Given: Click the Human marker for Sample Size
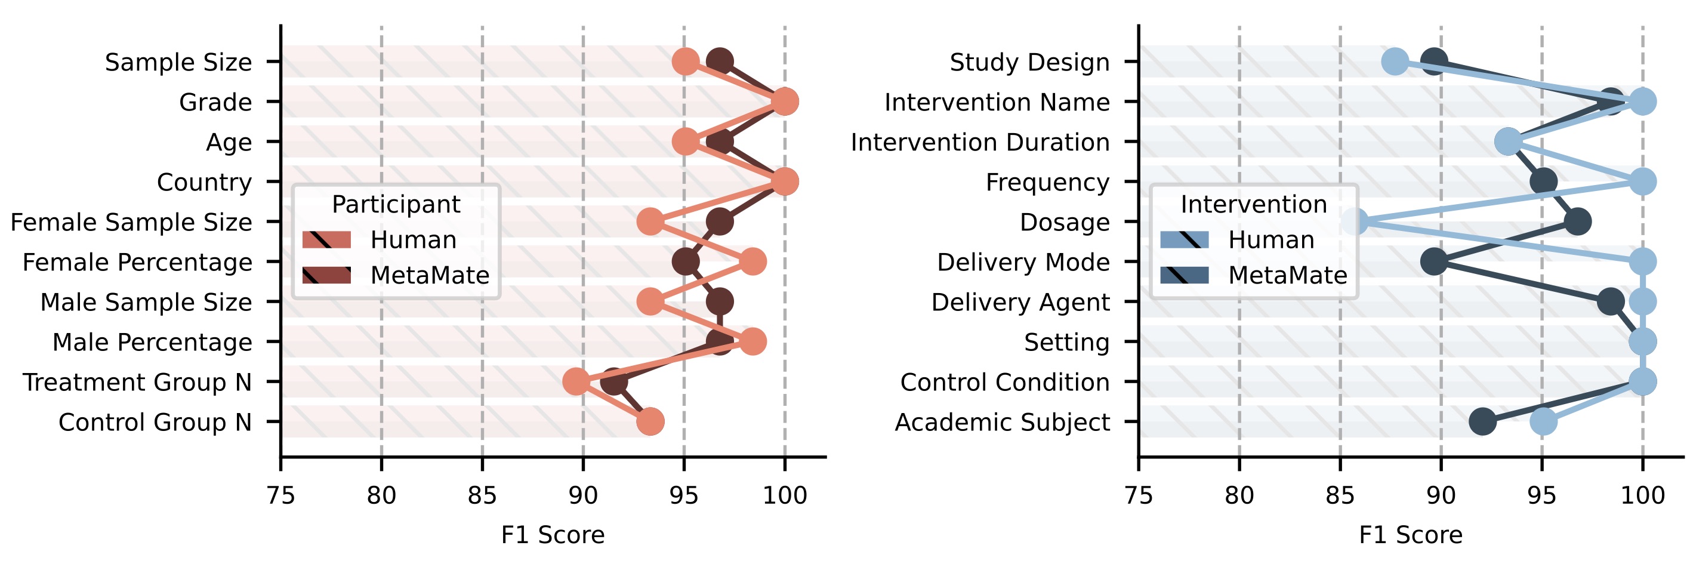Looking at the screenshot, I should (686, 61).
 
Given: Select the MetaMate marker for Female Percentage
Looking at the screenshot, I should (686, 262).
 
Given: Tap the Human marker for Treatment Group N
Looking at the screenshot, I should (576, 382).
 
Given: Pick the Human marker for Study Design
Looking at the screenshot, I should (1395, 61).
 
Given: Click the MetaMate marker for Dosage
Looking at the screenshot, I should (1578, 222).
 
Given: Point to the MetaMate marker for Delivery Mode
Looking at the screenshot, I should (1434, 262).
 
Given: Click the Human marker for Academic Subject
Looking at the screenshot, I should (1543, 421).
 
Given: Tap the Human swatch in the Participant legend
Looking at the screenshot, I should (326, 239).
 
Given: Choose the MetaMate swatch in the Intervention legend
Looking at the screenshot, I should (1184, 275).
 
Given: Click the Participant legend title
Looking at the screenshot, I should (396, 205).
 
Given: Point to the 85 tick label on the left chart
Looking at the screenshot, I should (482, 495).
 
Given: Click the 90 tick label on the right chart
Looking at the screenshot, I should (1441, 495).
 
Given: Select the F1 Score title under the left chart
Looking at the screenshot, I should (553, 535).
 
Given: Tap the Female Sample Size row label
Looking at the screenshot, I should (131, 222).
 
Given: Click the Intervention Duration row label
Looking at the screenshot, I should (980, 142).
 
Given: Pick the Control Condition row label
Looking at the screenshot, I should (1004, 382).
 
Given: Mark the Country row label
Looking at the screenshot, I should (204, 182).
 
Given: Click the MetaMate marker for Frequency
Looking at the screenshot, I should (1543, 182).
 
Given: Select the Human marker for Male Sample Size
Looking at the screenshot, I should (650, 302).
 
